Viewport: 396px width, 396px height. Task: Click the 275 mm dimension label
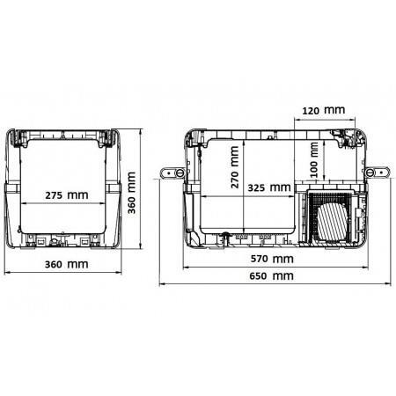pos(67,195)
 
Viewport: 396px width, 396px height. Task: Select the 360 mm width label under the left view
pos(66,264)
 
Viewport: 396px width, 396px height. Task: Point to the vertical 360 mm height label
pos(131,193)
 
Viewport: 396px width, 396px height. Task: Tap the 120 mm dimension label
pos(323,110)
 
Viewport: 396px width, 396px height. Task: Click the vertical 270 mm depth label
pos(234,167)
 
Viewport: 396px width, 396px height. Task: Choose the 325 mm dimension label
pos(269,187)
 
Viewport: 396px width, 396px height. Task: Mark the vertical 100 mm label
pos(314,160)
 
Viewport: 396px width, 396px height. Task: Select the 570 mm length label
pos(272,259)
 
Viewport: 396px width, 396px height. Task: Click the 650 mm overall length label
pos(271,276)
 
